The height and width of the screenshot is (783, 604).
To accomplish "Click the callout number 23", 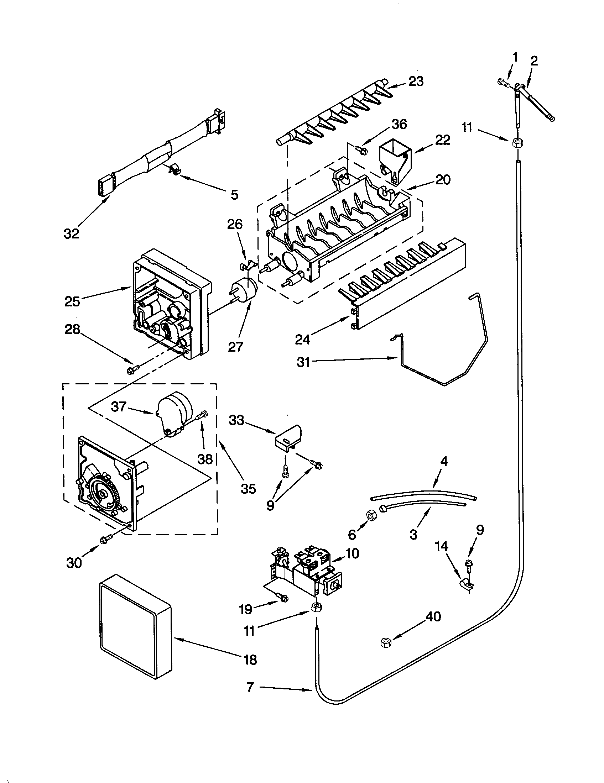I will pos(416,82).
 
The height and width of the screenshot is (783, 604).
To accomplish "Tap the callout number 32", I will pos(71,234).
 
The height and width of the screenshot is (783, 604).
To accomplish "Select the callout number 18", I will pos(250,659).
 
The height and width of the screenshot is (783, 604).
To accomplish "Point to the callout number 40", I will pos(433,616).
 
